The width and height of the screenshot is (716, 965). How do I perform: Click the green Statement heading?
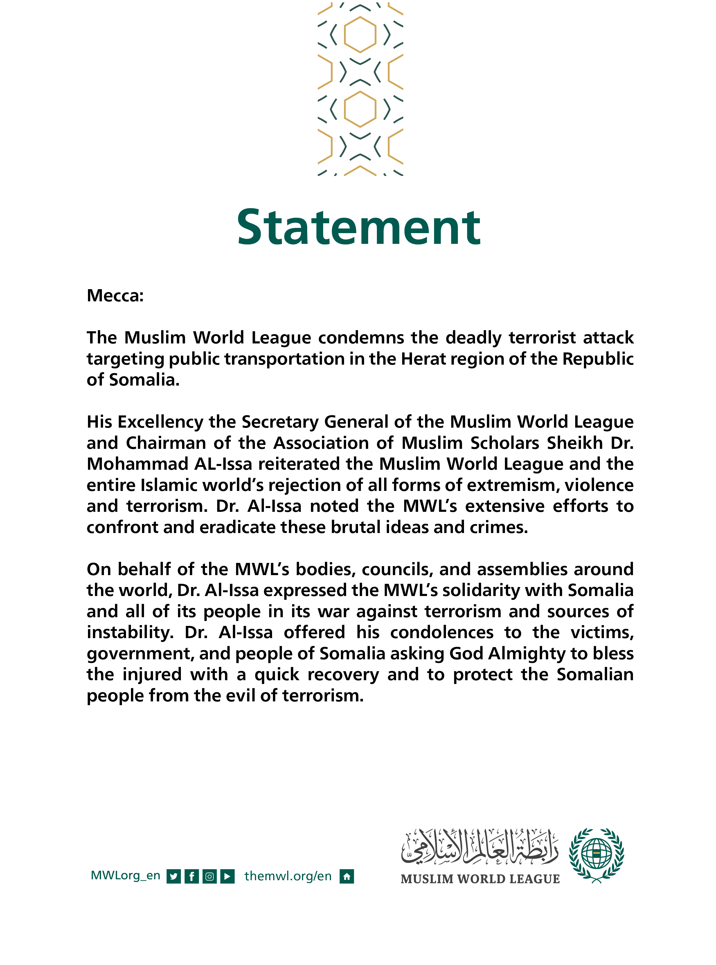pyautogui.click(x=358, y=228)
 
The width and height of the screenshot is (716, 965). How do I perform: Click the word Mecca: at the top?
pyautogui.click(x=115, y=296)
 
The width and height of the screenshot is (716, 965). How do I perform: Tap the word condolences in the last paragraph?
pyautogui.click(x=441, y=632)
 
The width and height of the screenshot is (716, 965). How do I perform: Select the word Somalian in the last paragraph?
pyautogui.click(x=595, y=675)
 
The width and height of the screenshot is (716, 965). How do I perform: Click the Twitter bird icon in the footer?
pyautogui.click(x=173, y=876)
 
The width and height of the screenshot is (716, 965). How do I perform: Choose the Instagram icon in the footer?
pyautogui.click(x=209, y=876)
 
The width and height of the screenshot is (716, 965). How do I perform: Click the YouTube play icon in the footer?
pyautogui.click(x=227, y=876)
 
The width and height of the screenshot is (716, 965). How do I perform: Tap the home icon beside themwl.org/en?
pyautogui.click(x=347, y=876)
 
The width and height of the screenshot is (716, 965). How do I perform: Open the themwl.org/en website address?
pyautogui.click(x=288, y=876)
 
